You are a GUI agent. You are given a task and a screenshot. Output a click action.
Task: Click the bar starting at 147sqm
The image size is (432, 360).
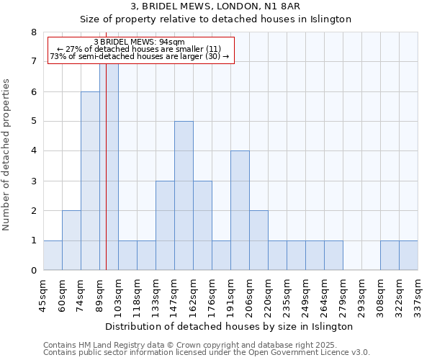pos(184,196)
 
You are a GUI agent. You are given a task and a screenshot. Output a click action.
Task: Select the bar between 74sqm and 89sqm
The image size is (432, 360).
pos(90,181)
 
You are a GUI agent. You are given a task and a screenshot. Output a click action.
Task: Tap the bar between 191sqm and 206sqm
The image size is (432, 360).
pos(240,210)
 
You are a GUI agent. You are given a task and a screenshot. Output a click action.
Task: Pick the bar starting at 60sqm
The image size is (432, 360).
pos(71,240)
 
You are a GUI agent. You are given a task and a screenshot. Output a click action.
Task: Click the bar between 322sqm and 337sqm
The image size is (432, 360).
pos(408,256)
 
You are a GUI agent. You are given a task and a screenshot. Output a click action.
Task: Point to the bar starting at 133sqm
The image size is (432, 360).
pos(165,225)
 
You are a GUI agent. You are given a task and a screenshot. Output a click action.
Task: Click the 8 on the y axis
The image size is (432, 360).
pos(33,32)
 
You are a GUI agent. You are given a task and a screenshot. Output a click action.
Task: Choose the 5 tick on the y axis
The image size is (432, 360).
pos(33,122)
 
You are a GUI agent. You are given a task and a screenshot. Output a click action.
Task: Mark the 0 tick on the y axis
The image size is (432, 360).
pos(33,271)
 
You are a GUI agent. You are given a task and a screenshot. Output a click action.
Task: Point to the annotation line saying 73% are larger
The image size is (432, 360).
pos(140,56)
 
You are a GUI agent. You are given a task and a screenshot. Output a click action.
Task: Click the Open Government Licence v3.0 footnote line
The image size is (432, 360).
pos(207,352)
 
